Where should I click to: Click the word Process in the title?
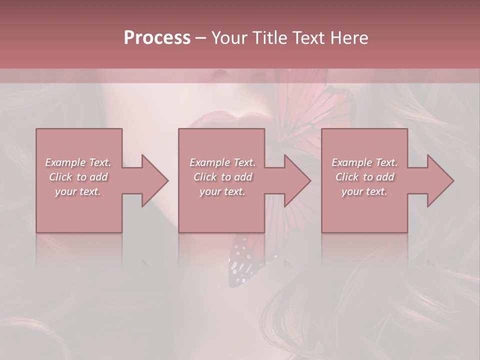[157, 38]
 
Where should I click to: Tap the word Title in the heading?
[268, 38]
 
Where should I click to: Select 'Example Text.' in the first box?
[78, 162]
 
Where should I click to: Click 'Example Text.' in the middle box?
[222, 162]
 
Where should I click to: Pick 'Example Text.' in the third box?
[364, 162]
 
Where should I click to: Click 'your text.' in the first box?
[78, 191]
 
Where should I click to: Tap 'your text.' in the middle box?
[222, 191]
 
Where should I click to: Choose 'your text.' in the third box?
[364, 191]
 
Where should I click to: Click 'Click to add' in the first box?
[78, 177]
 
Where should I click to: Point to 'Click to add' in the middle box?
[222, 177]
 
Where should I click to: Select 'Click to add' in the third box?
[364, 177]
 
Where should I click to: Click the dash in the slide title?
[200, 38]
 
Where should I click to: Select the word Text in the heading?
[308, 38]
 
